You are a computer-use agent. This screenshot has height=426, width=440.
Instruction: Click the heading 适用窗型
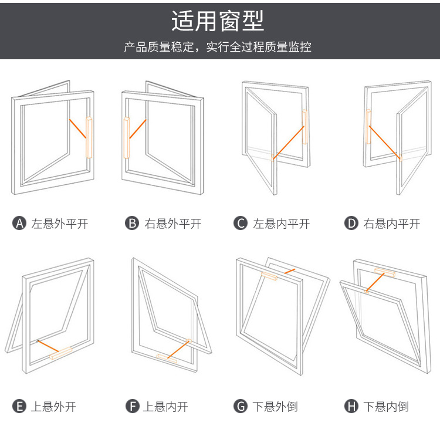tap(218, 21)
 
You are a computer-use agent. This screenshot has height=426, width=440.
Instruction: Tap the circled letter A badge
tap(19, 224)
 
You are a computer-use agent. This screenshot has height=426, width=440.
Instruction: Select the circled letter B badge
tap(131, 224)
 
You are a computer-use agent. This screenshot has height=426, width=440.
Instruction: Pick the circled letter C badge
tap(240, 224)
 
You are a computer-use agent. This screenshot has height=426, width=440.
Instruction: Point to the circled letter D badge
tap(351, 224)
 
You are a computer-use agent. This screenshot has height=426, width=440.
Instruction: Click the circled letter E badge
tap(19, 406)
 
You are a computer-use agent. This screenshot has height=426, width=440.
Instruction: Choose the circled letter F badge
tap(131, 406)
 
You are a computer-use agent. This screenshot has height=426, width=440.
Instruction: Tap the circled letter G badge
tap(240, 406)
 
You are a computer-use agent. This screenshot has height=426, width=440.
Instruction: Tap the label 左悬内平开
tap(281, 224)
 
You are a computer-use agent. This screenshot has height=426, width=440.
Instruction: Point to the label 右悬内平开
tap(392, 224)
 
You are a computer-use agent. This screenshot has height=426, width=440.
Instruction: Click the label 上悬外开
tap(54, 406)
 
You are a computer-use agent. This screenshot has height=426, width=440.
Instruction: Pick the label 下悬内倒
tap(385, 406)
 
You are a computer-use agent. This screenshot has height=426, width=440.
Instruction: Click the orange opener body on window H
tap(384, 272)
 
